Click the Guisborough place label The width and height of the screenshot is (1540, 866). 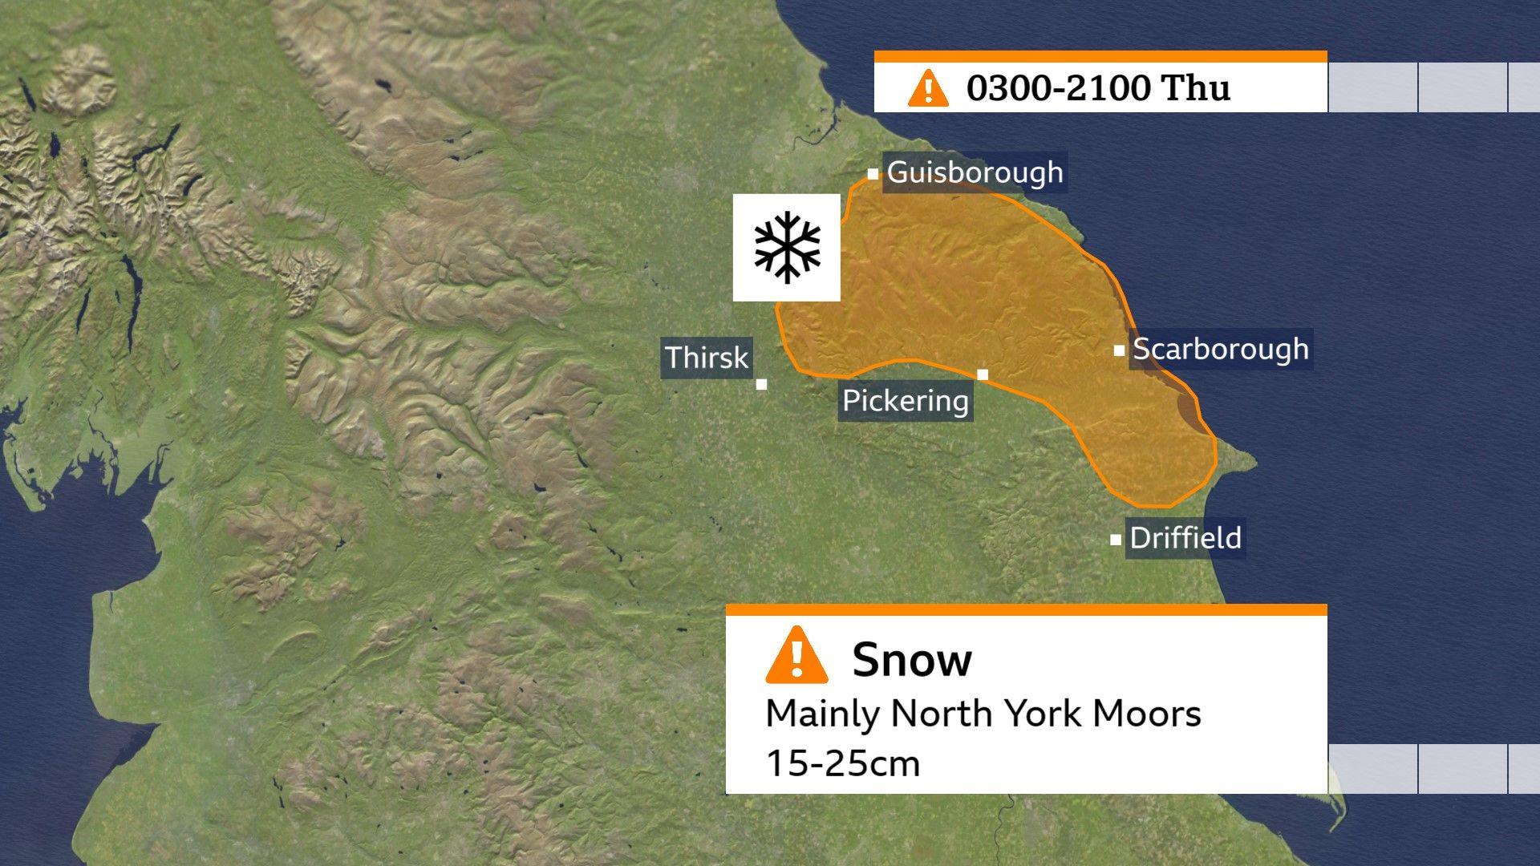point(975,172)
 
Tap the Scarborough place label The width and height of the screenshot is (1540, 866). point(1220,349)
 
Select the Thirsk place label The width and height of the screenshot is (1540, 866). point(706,357)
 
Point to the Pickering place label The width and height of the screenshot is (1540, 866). point(906,400)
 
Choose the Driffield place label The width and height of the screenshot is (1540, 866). point(1185,537)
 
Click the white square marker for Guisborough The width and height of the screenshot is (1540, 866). point(873,174)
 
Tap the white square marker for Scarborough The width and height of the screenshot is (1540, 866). point(1119,350)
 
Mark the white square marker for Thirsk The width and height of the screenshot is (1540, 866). point(761,384)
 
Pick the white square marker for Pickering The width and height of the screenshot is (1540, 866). point(983,374)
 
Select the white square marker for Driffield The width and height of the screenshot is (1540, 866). point(1115,540)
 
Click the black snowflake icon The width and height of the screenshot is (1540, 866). point(787,247)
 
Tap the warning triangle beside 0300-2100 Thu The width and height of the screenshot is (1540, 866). point(928,87)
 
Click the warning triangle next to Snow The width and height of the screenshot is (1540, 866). point(796,657)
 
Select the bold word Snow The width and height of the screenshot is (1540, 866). point(912,659)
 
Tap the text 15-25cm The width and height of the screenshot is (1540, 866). point(842,763)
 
